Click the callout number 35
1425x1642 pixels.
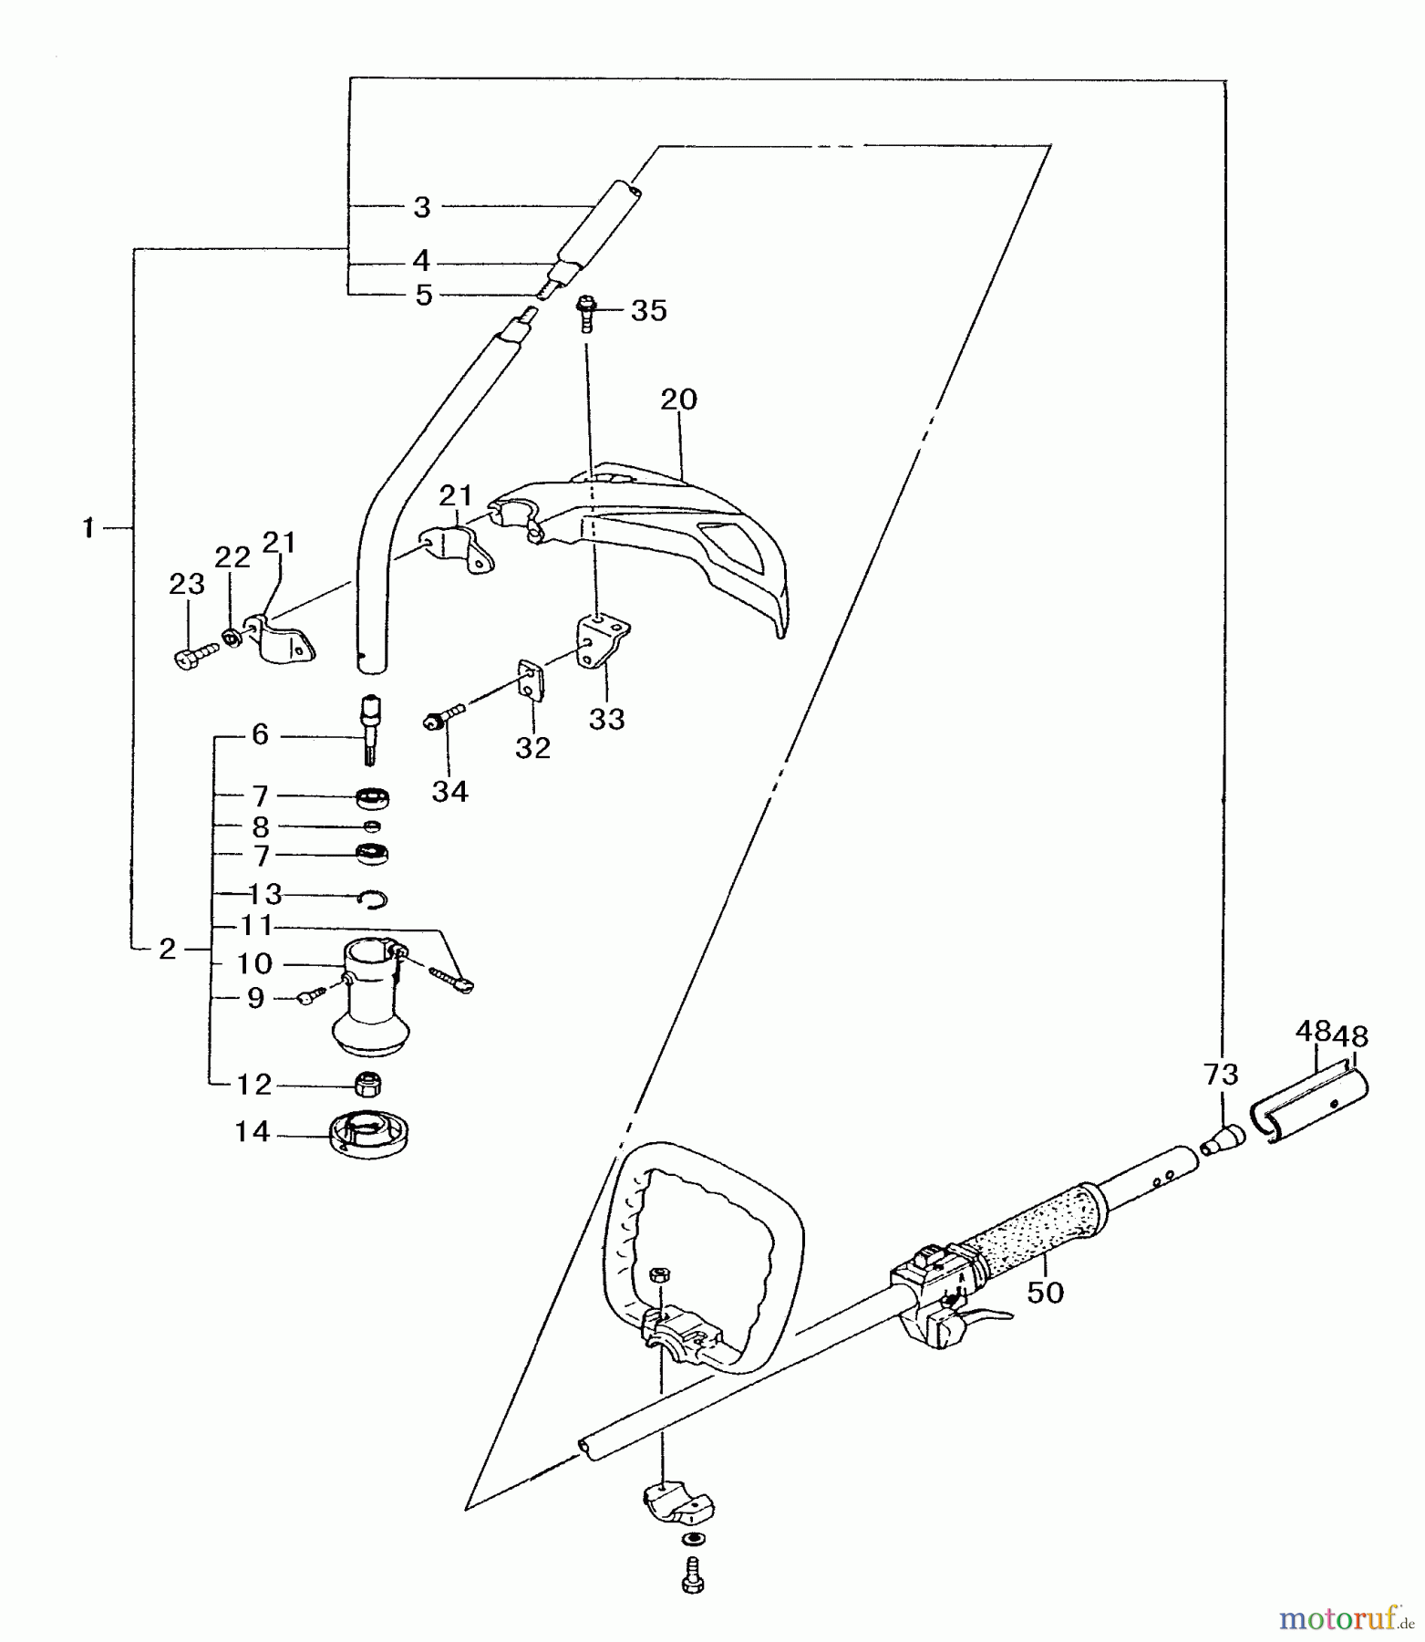coord(648,310)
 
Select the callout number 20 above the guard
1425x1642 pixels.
coord(678,400)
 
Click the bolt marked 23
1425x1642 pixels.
coord(193,653)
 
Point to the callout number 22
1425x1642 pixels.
coord(232,557)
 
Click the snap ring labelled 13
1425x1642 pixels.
coord(372,899)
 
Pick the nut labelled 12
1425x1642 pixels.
coord(368,1083)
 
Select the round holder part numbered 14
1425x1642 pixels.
coord(369,1135)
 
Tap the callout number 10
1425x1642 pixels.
coord(254,963)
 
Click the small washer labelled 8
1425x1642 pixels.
coord(371,826)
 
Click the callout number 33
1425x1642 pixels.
coord(606,719)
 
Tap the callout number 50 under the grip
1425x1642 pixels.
coord(1045,1292)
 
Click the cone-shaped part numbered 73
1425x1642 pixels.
coord(1224,1139)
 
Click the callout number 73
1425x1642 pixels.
coord(1220,1075)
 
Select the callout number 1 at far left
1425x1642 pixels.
coord(88,528)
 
